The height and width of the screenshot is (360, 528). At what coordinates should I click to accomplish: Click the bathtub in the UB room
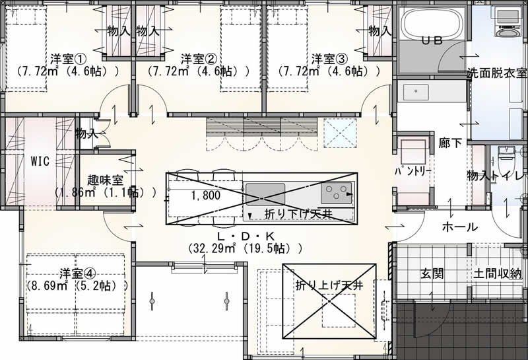432,24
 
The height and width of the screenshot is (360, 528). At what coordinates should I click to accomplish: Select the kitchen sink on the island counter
265,194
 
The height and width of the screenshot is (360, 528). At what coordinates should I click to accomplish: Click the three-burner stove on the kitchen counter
337,193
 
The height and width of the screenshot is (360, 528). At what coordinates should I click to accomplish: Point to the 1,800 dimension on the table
206,195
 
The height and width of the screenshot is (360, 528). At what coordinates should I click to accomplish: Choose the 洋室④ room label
77,273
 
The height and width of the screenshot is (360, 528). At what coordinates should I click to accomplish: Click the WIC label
40,161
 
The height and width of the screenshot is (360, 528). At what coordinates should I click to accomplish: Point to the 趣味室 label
105,180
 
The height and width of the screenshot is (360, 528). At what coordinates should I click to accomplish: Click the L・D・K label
246,236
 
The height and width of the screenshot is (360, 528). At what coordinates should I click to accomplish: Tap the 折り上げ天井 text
329,285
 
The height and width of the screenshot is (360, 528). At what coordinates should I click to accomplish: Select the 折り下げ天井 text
299,215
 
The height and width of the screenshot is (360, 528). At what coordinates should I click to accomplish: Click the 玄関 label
432,273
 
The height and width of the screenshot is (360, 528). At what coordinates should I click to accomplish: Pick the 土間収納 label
498,273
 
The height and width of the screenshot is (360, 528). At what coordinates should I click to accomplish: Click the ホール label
459,227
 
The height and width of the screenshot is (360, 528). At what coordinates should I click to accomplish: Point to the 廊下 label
450,143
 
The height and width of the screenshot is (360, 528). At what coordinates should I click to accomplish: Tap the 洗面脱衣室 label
497,73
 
